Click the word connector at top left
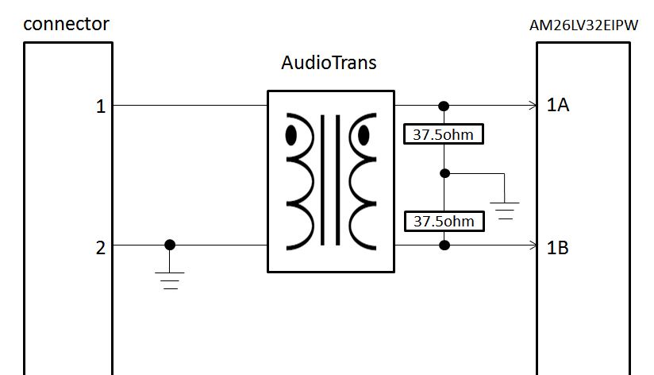(66, 24)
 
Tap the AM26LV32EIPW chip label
(583, 25)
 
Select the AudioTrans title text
(329, 62)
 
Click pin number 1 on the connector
(101, 106)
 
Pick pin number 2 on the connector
(101, 248)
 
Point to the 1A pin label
(558, 105)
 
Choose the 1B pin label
(558, 248)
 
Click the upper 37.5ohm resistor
(444, 134)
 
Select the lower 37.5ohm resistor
(444, 221)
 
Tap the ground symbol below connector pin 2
(170, 279)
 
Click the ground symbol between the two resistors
(504, 211)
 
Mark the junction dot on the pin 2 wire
(170, 245)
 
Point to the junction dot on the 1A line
(444, 106)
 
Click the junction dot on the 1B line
(444, 245)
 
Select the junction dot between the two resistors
(444, 173)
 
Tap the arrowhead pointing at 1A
(534, 105)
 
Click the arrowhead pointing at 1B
(534, 245)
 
